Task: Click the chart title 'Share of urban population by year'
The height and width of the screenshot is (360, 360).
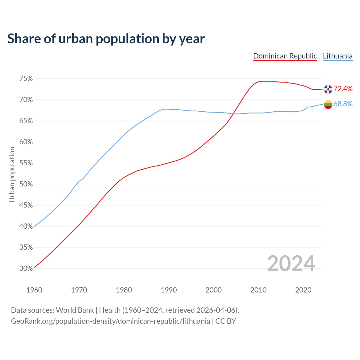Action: [x=106, y=39]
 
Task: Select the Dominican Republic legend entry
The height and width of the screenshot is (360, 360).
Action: [x=285, y=56]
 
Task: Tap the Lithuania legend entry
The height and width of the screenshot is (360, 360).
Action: [x=337, y=56]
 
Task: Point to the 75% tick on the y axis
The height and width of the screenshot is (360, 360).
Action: [x=26, y=79]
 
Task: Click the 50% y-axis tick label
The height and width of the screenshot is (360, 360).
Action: [x=26, y=184]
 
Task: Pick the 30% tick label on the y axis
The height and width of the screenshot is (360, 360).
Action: [x=26, y=269]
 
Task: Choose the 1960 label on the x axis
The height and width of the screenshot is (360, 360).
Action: [x=34, y=290]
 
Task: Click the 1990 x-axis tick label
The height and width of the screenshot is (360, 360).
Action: [x=169, y=290]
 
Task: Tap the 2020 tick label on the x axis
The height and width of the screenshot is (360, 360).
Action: [x=303, y=290]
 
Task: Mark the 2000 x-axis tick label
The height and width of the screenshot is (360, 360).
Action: [x=213, y=290]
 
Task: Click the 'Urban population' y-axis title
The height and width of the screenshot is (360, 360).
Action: [x=12, y=174]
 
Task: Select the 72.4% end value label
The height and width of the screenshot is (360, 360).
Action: [x=343, y=89]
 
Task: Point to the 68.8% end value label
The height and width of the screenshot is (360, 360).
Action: [x=343, y=104]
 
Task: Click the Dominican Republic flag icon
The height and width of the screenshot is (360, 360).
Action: [x=328, y=89]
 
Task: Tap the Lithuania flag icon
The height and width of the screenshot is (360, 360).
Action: [x=328, y=104]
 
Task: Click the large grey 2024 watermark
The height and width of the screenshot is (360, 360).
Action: [x=291, y=264]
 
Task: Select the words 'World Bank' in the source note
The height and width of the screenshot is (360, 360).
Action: [x=75, y=310]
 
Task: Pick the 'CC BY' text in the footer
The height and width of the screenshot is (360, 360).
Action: [x=226, y=321]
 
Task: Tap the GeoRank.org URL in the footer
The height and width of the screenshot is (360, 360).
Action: [x=110, y=321]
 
